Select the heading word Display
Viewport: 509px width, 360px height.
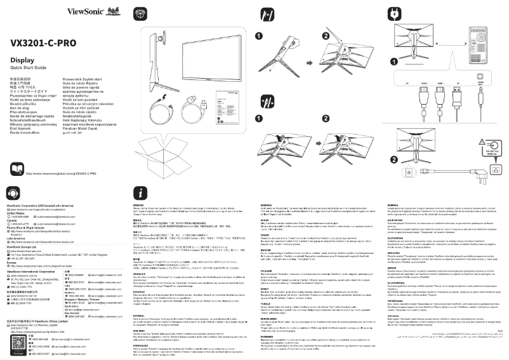point(22,60)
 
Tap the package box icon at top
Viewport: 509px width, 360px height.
point(139,13)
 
